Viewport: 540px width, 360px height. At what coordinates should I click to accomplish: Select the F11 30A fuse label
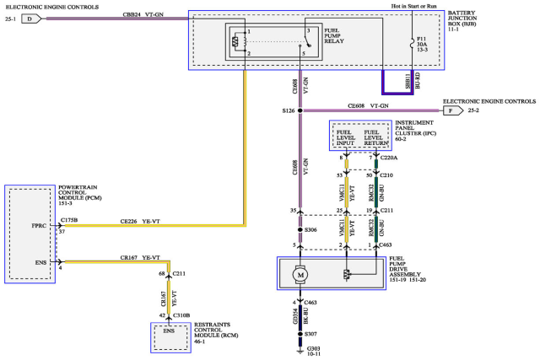pos(421,44)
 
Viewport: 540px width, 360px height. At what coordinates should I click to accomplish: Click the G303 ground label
pos(313,348)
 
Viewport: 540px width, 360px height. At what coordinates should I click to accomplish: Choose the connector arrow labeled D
pos(30,17)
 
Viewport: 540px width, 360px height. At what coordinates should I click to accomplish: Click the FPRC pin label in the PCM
pos(39,227)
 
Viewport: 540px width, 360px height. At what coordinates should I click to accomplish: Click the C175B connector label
pos(70,220)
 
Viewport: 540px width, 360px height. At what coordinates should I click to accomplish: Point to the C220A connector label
pos(390,158)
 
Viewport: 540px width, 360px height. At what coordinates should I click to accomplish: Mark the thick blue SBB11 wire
pos(397,90)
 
